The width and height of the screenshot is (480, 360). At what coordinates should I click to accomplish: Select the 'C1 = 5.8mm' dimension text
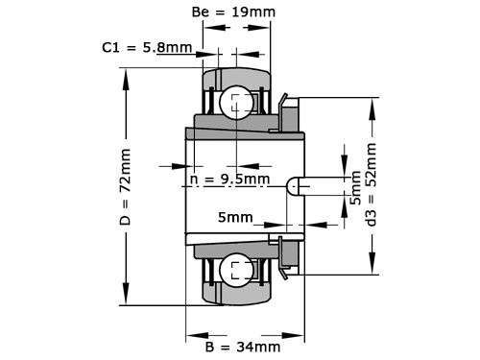click(147, 46)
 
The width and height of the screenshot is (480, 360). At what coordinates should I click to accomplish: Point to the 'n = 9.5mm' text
click(230, 179)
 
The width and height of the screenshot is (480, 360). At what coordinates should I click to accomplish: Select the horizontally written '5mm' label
click(236, 218)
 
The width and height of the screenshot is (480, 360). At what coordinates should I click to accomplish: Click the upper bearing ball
click(237, 103)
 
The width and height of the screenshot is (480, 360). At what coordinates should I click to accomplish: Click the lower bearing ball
click(237, 270)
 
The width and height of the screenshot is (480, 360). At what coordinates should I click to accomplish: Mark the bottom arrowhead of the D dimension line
click(125, 299)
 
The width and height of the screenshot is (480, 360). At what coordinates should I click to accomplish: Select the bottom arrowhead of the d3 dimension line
click(371, 268)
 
